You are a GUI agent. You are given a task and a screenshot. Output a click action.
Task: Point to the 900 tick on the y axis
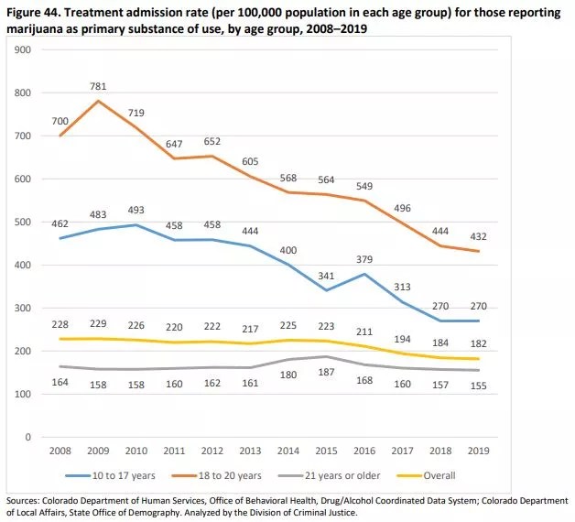tap(22, 49)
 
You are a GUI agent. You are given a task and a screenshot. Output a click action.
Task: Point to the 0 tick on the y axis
tap(29, 437)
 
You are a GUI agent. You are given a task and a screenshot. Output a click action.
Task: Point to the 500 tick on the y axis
tap(22, 223)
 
